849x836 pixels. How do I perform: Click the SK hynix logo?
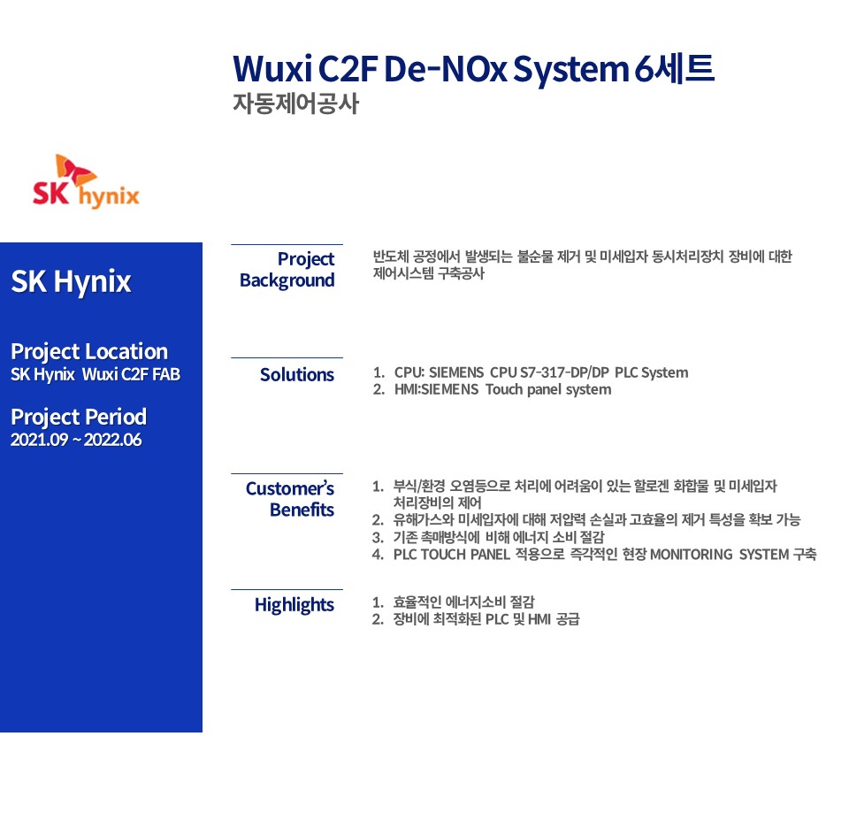[x=86, y=181]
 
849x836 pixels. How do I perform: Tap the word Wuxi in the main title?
[x=272, y=69]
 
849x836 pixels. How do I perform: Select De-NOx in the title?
[x=445, y=69]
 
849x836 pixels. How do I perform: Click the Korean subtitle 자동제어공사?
[x=295, y=104]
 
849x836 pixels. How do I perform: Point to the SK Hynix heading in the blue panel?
[x=71, y=281]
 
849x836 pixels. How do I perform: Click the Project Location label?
[x=89, y=352]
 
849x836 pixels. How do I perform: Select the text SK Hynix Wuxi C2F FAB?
[x=96, y=374]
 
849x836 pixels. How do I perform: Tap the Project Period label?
[x=79, y=417]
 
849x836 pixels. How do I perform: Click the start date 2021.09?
[x=40, y=440]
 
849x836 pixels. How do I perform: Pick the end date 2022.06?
[x=112, y=440]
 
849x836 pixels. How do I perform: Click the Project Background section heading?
[x=287, y=270]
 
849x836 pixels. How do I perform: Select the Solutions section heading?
[x=297, y=375]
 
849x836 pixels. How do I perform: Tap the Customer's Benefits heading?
[x=290, y=499]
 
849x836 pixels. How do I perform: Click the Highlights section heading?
[x=294, y=605]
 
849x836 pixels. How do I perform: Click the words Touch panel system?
[x=548, y=390]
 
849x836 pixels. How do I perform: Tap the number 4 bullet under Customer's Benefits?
[x=378, y=555]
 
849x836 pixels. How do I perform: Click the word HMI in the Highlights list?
[x=539, y=619]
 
